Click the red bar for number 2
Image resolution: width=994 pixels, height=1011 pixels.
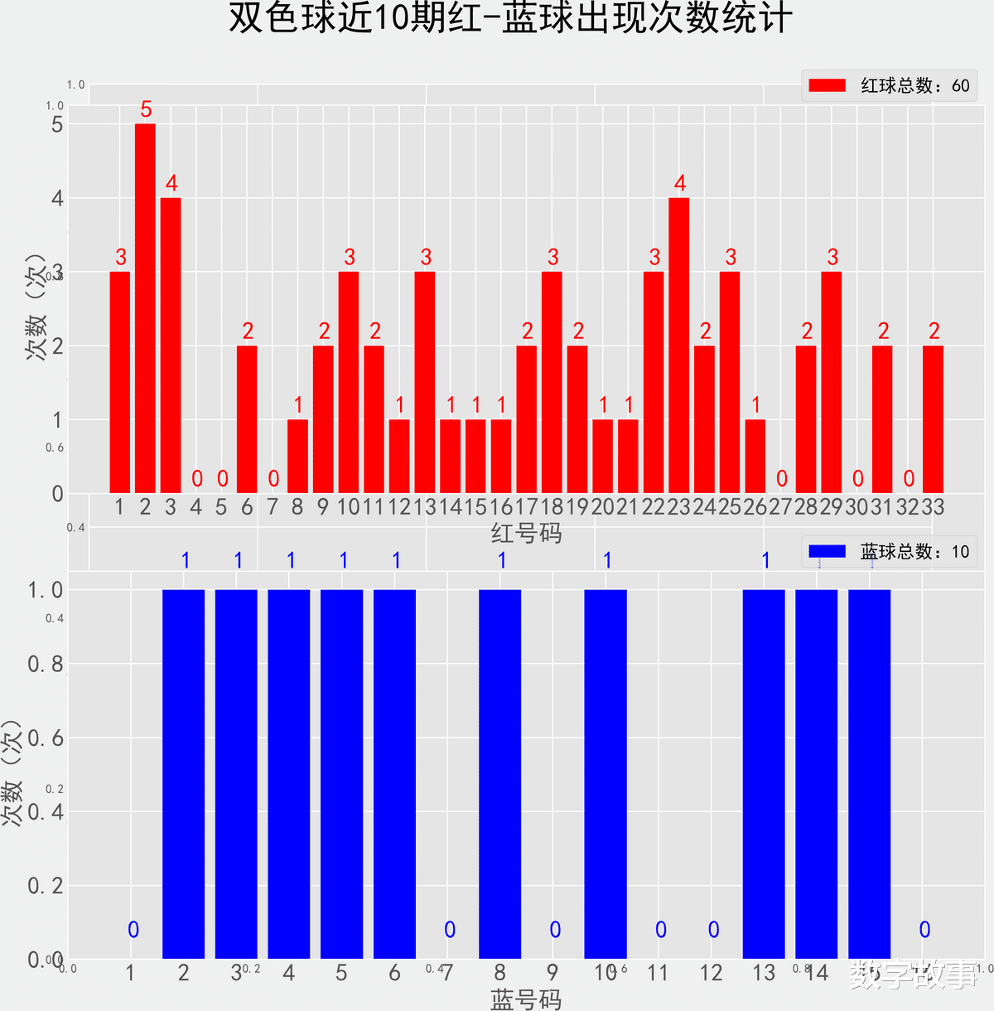pos(145,308)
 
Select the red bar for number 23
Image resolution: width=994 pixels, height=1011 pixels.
pos(678,346)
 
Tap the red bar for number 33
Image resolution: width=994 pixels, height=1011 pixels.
pos(933,419)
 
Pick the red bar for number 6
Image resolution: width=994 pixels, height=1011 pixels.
pos(247,419)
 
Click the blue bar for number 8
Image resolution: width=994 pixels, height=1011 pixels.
pos(499,774)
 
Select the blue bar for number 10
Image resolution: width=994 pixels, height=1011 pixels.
pos(606,774)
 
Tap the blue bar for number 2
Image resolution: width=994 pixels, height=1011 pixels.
pos(183,774)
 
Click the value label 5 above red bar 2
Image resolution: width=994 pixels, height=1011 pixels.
pos(146,109)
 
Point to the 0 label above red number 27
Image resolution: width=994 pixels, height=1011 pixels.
pos(781,479)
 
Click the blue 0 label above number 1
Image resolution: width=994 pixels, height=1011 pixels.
pos(133,930)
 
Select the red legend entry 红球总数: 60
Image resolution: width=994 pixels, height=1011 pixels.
pos(889,85)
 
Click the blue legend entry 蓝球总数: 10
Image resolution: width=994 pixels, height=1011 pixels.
pos(889,552)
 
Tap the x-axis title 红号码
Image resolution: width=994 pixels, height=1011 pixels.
pos(526,533)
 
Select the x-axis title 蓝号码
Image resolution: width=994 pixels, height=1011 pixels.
pos(526,999)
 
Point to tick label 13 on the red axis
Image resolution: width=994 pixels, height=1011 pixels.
pos(425,507)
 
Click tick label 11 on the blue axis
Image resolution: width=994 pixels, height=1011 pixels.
pos(658,973)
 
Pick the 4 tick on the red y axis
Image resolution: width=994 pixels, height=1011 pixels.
pos(57,198)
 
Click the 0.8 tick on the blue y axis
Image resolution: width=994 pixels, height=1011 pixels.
pos(46,664)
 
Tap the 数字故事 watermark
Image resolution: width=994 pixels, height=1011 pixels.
pos(914,975)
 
